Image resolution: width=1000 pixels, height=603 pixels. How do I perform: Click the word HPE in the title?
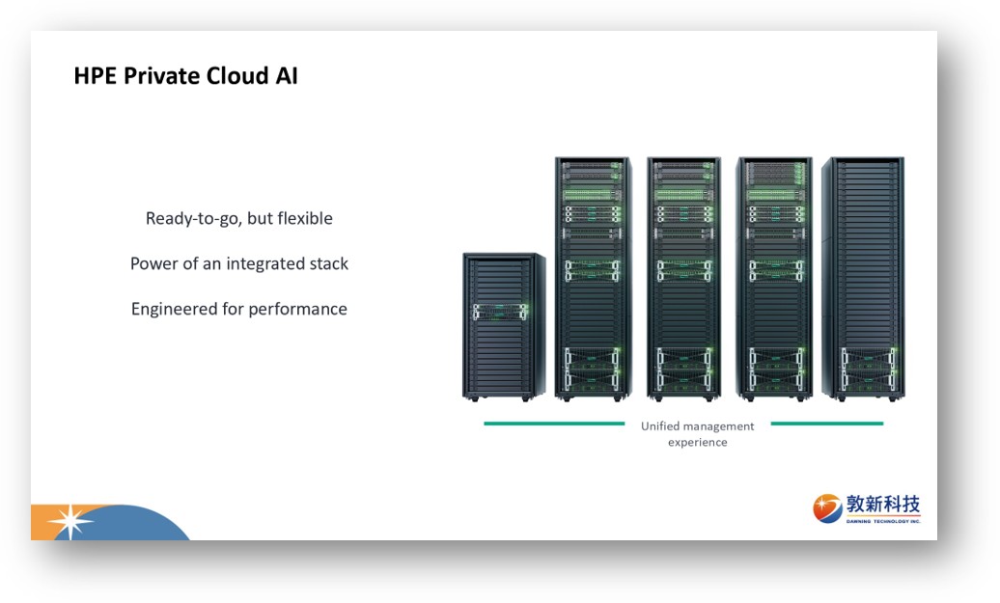pos(96,76)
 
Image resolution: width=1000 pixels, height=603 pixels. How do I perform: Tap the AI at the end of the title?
pos(287,76)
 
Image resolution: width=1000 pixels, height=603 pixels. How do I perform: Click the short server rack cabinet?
pos(503,327)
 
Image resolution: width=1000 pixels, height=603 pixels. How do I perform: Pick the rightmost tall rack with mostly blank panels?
pos(863,279)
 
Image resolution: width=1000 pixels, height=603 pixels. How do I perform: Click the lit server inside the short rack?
pos(500,312)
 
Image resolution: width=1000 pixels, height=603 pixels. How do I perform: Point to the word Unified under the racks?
pos(660,425)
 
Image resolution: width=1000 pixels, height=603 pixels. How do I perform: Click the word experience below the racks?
pos(698,443)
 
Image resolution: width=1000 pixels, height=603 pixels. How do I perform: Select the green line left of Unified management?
pos(554,424)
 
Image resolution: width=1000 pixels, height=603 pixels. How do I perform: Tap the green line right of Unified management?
pos(827,424)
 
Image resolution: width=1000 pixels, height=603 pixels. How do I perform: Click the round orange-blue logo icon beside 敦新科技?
pos(827,508)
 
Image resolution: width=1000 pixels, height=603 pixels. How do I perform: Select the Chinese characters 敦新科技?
pos(883,505)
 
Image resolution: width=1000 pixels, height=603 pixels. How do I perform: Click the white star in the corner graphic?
pos(70,522)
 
